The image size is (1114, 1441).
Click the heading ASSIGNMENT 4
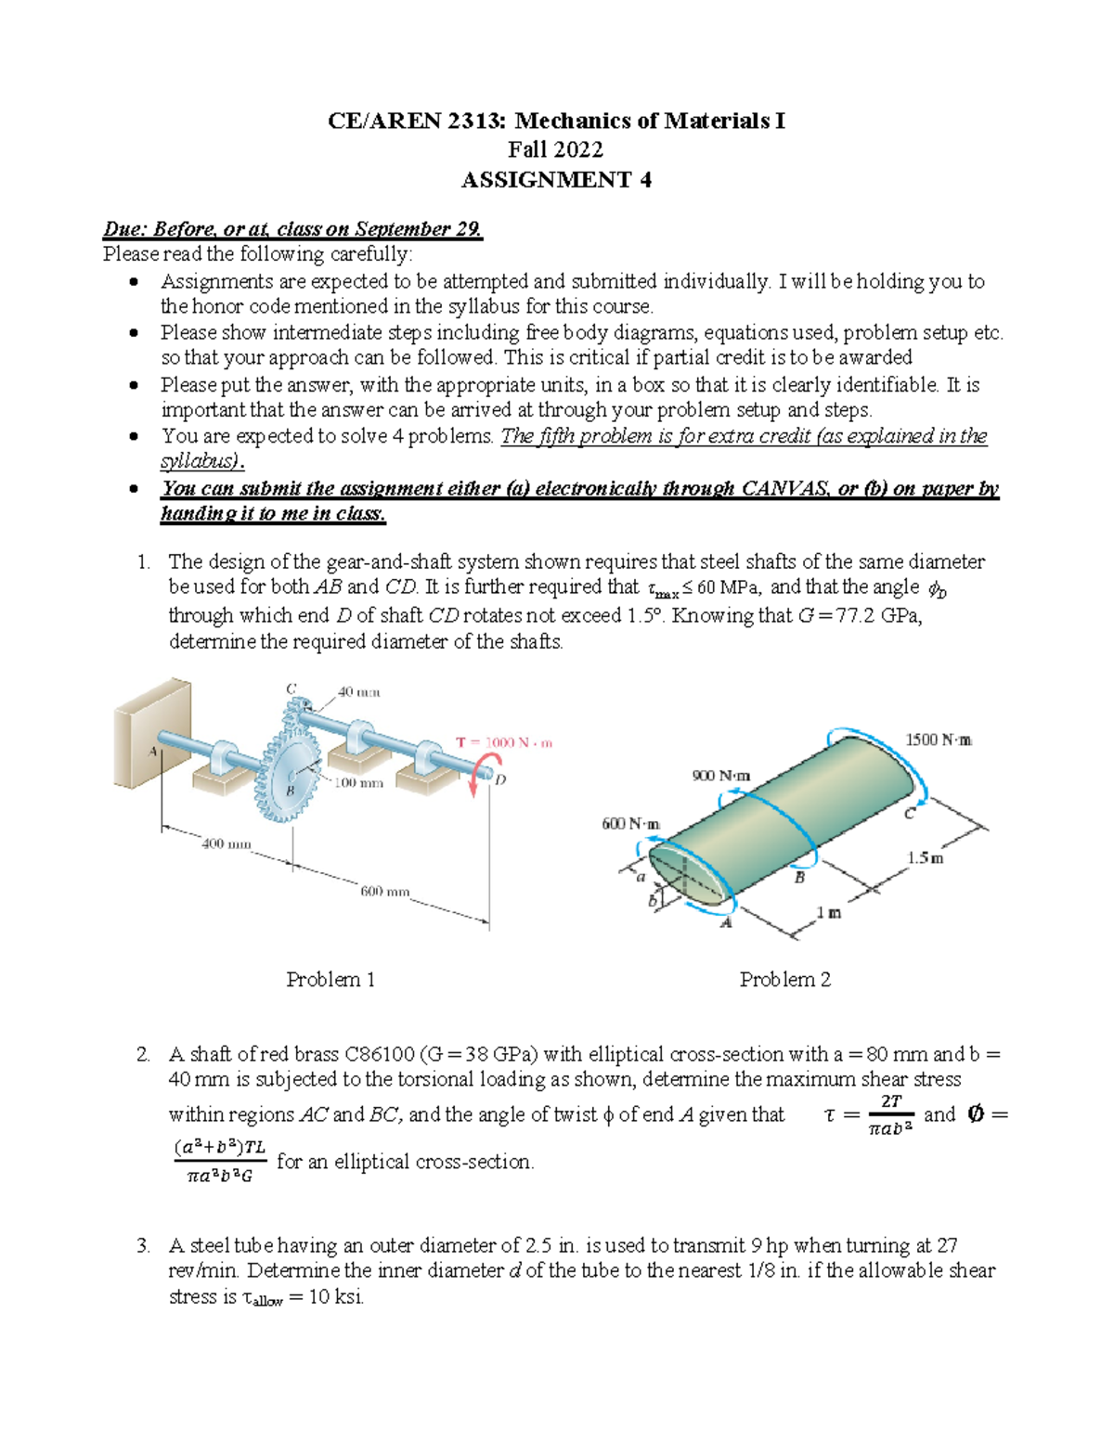click(x=556, y=179)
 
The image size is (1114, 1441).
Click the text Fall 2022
click(x=556, y=149)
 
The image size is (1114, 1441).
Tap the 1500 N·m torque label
click(x=938, y=740)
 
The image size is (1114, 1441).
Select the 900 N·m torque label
click(x=721, y=775)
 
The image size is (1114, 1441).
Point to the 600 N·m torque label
click(x=631, y=823)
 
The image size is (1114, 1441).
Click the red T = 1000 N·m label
click(x=504, y=742)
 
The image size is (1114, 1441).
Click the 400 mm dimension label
click(x=227, y=843)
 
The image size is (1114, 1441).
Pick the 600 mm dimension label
click(x=384, y=892)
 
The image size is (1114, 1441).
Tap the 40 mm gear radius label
click(x=358, y=691)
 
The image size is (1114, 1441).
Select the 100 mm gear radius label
click(x=358, y=782)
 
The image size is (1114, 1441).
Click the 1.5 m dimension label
click(x=925, y=858)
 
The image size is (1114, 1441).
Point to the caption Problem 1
click(x=330, y=979)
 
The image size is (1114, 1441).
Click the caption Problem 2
click(x=784, y=979)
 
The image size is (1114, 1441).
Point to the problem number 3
click(x=142, y=1245)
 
